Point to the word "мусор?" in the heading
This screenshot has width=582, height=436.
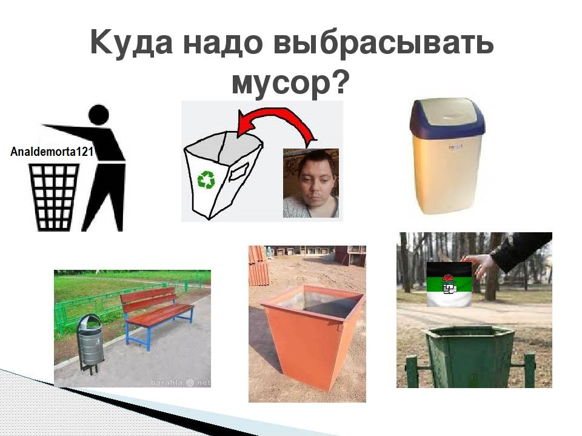(290, 82)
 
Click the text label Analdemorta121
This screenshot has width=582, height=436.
(52, 152)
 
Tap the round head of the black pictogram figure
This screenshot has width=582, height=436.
(99, 115)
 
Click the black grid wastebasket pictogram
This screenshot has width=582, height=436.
(54, 197)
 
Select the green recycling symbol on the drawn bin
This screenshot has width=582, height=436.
(206, 179)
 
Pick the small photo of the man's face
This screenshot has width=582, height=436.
(310, 183)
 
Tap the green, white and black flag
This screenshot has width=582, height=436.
(449, 284)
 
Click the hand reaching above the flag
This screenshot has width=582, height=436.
(480, 264)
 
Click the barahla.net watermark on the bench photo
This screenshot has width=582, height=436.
(181, 382)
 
